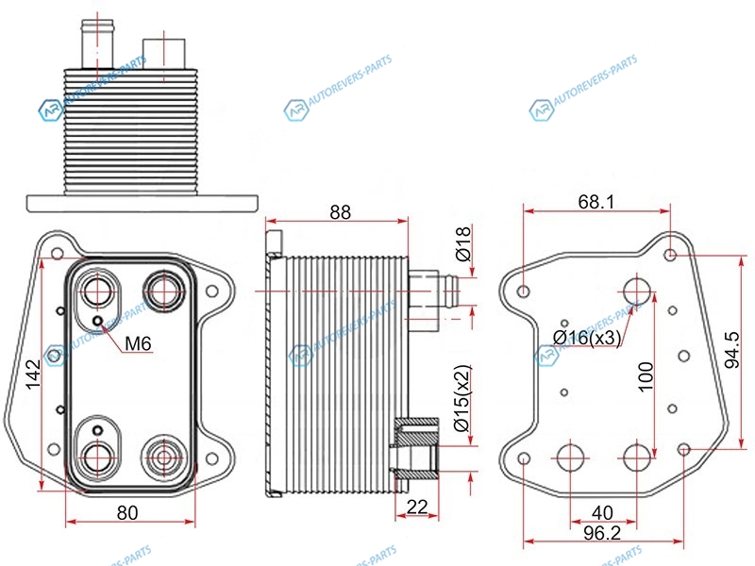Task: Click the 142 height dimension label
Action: click(33, 375)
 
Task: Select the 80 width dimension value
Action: click(127, 513)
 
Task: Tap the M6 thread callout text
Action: click(138, 343)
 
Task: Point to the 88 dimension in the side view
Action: click(340, 212)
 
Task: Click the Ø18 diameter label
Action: click(462, 243)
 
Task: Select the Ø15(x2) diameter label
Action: click(462, 397)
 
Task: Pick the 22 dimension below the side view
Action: click(417, 507)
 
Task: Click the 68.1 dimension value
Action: click(596, 202)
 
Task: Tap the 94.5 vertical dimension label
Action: click(732, 350)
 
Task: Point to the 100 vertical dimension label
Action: click(646, 376)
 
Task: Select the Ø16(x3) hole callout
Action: click(587, 338)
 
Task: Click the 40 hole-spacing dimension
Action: click(602, 513)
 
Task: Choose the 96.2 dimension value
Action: click(602, 533)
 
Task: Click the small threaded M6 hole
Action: click(98, 321)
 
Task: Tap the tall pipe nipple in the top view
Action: click(98, 44)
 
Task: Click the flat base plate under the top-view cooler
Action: click(143, 203)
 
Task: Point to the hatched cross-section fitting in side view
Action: click(416, 447)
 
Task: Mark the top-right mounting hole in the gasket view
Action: click(671, 254)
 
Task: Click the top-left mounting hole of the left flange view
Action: click(58, 254)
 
